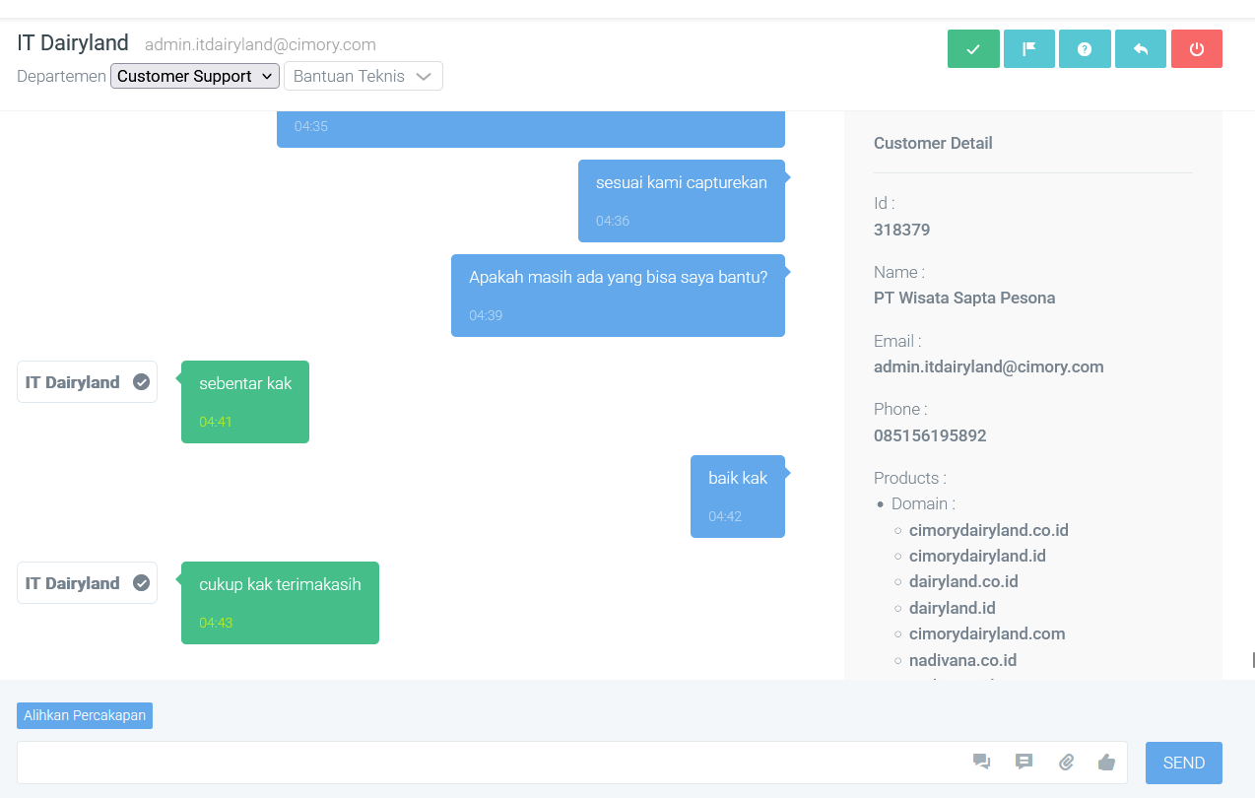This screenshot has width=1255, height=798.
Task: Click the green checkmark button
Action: tap(973, 48)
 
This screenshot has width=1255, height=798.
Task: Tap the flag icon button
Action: tap(1029, 48)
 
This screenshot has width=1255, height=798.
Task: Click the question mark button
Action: tap(1085, 48)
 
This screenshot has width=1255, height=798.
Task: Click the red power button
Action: tap(1197, 48)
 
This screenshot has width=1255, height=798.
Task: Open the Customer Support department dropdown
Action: tap(195, 76)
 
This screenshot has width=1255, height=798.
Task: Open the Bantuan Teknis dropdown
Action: tap(363, 76)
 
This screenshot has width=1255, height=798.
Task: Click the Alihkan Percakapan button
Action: tap(85, 715)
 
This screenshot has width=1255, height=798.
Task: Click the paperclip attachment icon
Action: tap(1066, 763)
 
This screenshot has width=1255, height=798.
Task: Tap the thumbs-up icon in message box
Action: tap(1106, 763)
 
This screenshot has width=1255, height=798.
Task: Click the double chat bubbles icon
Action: tap(981, 761)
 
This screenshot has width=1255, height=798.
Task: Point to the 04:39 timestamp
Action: tap(486, 315)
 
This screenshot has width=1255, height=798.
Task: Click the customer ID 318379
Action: tap(901, 230)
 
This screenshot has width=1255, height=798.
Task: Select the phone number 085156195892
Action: tap(930, 435)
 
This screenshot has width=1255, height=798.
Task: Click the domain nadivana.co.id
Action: tap(962, 660)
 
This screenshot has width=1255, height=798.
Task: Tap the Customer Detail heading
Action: tap(933, 144)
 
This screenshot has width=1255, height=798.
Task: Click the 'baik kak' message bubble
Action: tap(737, 496)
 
